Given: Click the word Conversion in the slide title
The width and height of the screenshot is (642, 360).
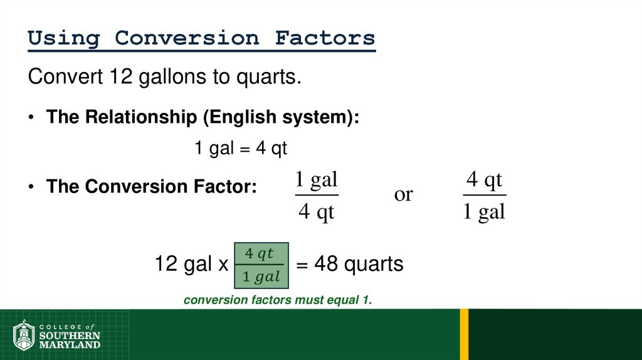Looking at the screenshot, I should [186, 38].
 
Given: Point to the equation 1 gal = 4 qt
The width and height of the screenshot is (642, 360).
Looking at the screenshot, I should [240, 149].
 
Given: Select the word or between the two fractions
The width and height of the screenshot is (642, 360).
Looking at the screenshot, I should [403, 194].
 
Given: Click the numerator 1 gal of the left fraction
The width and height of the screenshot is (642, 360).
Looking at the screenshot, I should [316, 181].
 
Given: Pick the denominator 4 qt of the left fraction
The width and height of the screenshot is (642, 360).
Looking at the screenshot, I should [316, 212].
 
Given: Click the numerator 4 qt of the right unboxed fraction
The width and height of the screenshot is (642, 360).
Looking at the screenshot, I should [485, 181].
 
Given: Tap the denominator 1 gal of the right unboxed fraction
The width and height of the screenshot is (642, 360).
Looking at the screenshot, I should [484, 212].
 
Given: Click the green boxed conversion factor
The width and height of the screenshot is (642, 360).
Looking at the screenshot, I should [261, 265].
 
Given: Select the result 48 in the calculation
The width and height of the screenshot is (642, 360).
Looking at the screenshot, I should [326, 264].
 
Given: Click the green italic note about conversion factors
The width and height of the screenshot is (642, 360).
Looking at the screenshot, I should [278, 300].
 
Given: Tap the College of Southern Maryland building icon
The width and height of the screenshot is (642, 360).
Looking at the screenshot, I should [24, 336].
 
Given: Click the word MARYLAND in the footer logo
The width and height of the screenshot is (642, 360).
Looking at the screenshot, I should [70, 345].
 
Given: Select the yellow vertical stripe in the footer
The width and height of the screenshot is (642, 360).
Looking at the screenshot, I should [464, 334].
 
